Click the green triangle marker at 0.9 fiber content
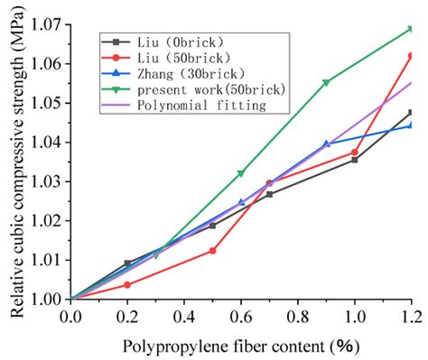coord(326,82)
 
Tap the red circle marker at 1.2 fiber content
coord(412,56)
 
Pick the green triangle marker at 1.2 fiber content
coord(412,29)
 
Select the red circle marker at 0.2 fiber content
coord(127,284)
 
